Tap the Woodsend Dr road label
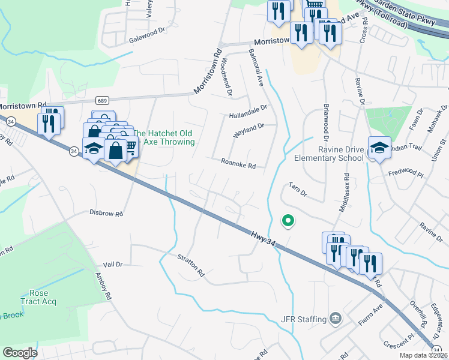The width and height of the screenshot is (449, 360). (x=226, y=74)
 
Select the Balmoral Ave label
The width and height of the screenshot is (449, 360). (x=256, y=68)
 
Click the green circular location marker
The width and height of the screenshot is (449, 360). (x=288, y=221)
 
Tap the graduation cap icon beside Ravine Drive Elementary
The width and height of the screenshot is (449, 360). (x=379, y=147)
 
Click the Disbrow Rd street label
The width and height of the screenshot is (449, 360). (x=106, y=213)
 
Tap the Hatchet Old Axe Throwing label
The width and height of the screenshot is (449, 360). (x=164, y=138)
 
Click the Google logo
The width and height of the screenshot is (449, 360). (x=20, y=353)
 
